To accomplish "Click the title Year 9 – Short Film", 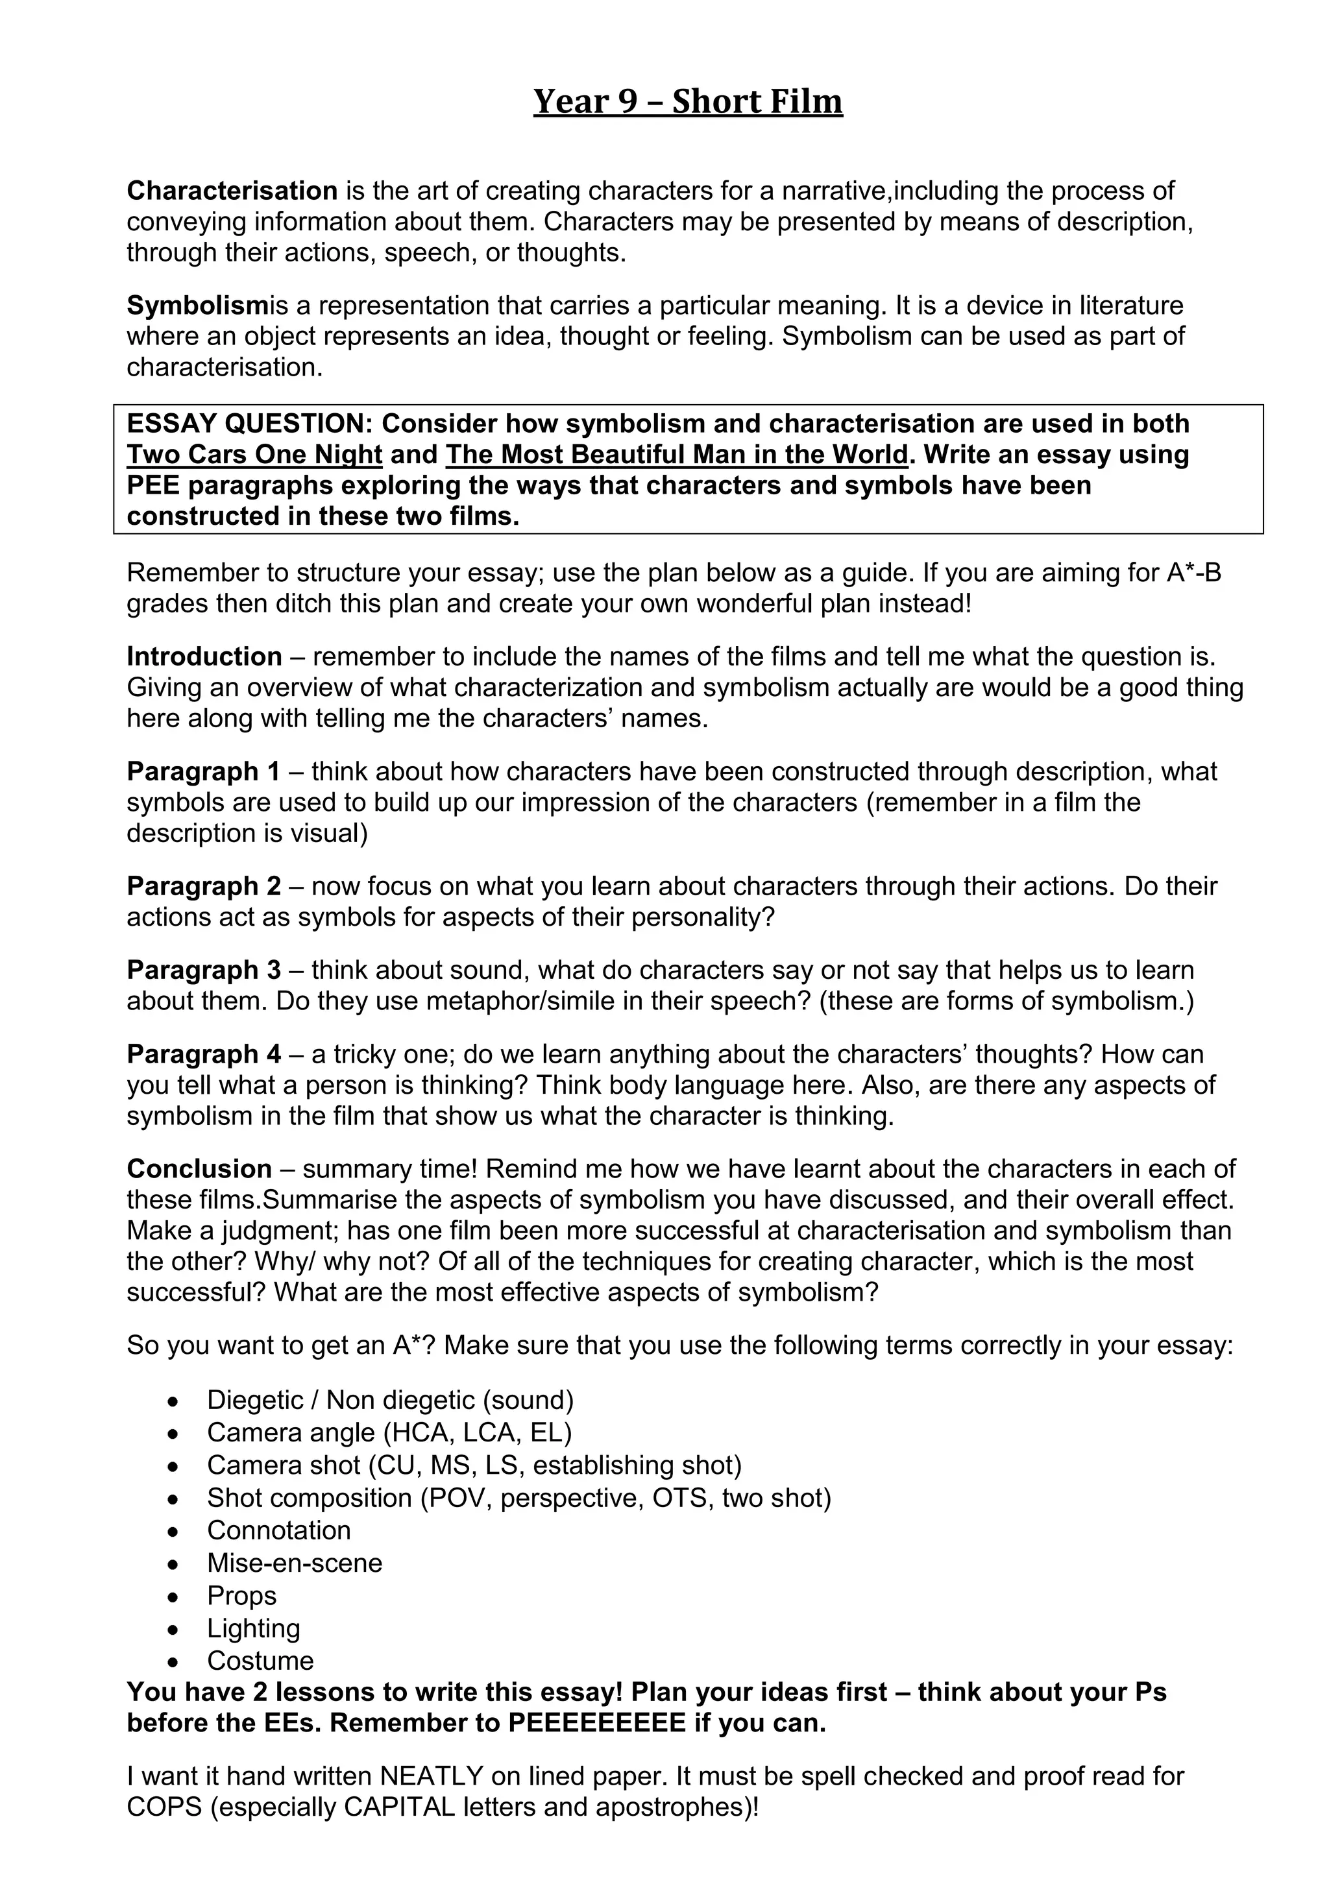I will tap(687, 102).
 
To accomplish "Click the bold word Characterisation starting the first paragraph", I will tap(232, 191).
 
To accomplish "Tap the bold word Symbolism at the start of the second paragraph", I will tap(197, 306).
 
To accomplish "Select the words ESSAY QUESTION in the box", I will tap(250, 424).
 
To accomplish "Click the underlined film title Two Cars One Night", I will tap(254, 455).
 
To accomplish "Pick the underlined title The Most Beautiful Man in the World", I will tap(676, 455).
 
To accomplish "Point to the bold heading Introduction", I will tap(204, 657).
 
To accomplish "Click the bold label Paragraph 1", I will tap(203, 771).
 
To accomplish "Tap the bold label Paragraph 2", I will tap(203, 886).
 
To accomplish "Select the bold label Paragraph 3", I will tap(203, 970).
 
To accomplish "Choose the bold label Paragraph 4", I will tap(203, 1055).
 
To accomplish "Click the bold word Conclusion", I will tap(199, 1168).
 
